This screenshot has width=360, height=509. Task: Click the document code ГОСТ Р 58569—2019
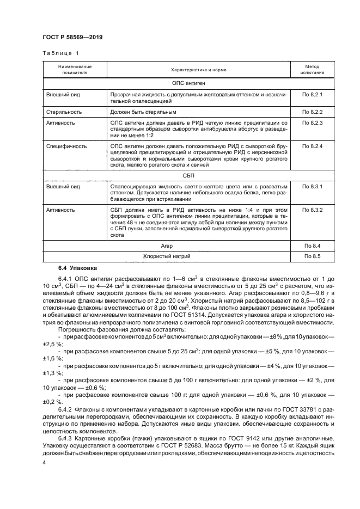72,38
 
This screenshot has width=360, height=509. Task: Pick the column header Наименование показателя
75,69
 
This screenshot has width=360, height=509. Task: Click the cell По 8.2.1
313,95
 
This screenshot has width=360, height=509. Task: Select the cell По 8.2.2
313,112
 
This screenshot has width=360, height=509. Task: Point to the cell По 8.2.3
313,124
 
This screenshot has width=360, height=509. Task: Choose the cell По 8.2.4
313,146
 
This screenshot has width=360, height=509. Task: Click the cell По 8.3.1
313,187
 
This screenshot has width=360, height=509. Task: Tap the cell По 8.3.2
313,210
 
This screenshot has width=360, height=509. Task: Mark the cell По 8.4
313,246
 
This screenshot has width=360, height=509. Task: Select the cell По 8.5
313,256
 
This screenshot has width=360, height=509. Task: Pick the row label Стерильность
64,112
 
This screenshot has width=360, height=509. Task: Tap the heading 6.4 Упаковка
77,268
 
